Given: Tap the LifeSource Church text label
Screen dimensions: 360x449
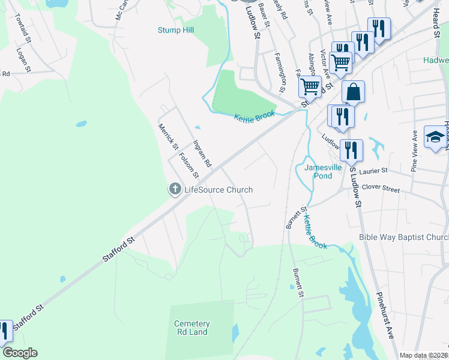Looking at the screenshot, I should pyautogui.click(x=218, y=190).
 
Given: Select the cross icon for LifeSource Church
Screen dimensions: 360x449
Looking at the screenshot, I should pyautogui.click(x=175, y=190).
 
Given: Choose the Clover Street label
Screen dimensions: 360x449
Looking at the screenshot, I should pyautogui.click(x=381, y=188).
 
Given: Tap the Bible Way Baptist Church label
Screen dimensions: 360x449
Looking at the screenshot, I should pyautogui.click(x=403, y=237).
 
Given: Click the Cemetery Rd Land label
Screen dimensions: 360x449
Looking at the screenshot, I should pyautogui.click(x=191, y=328).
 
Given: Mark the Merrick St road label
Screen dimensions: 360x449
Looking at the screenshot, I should pyautogui.click(x=168, y=137).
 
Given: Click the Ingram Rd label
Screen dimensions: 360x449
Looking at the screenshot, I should pyautogui.click(x=202, y=154).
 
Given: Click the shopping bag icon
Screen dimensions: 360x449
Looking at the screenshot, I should pyautogui.click(x=354, y=93).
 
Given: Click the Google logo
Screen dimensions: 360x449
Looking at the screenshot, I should pyautogui.click(x=19, y=353).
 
